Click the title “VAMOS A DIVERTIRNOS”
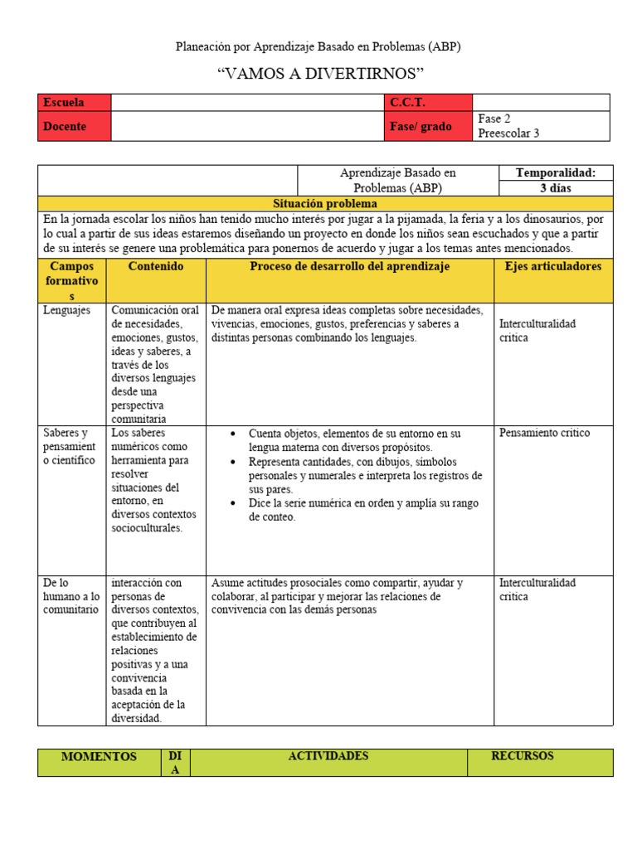pos(319,73)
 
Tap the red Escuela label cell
pos(74,103)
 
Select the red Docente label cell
pos(74,126)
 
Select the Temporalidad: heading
pos(556,172)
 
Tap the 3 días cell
pos(556,188)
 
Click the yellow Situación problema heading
pos(325,203)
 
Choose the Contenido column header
pos(156,267)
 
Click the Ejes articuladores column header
pos(553,267)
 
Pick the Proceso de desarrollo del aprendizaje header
pos(349,267)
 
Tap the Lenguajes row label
pos(67,310)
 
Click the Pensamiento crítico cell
pos(544,433)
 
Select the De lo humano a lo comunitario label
pos(71,596)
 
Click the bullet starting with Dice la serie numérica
pos(364,510)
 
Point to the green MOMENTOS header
pos(99,756)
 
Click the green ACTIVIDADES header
pos(328,756)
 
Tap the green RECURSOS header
pos(522,756)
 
